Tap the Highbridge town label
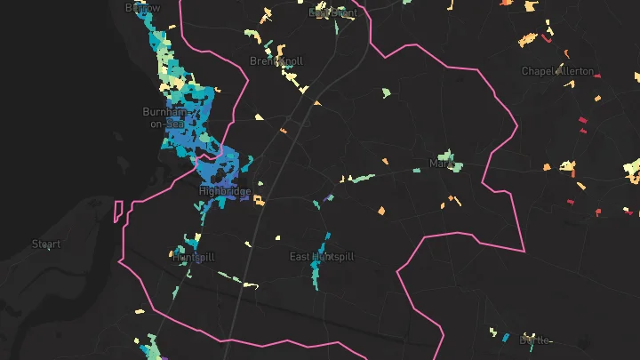224,191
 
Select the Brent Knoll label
276,61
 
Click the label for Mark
442,164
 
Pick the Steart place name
46,244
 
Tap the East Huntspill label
322,257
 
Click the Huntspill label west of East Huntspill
194,257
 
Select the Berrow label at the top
143,8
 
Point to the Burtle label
535,340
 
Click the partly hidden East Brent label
332,13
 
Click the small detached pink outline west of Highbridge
117,211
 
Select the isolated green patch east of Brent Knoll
387,92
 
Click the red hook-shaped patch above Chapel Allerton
546,38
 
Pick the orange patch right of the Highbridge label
260,201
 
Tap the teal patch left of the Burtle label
507,338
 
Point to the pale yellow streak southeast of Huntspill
251,285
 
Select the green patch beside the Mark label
457,165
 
